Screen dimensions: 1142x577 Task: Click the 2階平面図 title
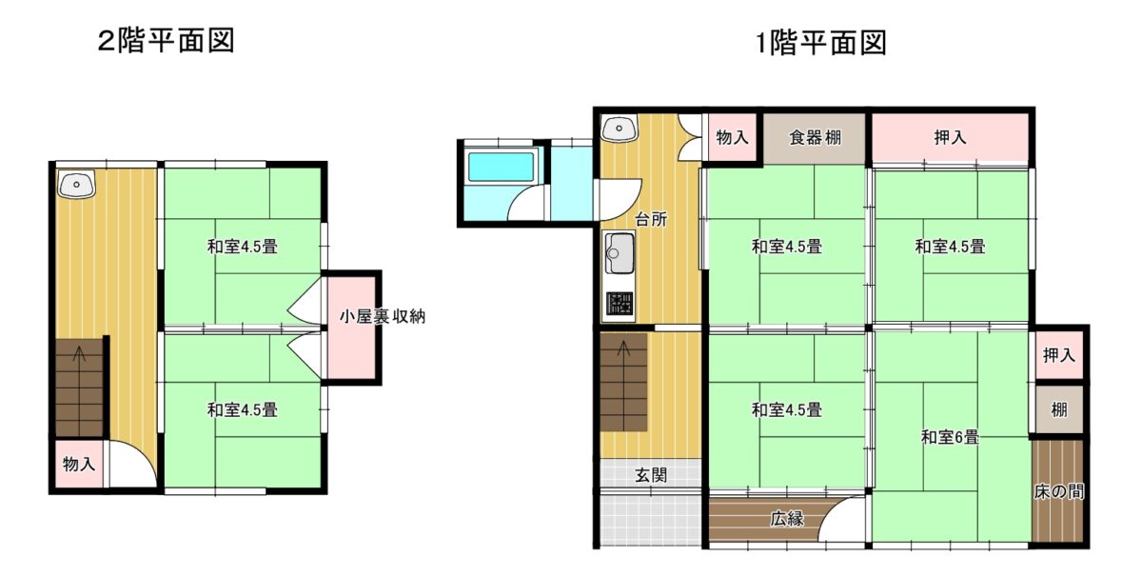[167, 41]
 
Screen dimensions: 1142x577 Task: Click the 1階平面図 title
[820, 42]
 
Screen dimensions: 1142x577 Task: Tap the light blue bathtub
[501, 166]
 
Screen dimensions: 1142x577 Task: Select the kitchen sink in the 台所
[620, 253]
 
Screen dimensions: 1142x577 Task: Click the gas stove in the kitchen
[620, 304]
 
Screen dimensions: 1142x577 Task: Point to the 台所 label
[651, 219]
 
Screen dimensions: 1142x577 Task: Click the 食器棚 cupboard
[815, 138]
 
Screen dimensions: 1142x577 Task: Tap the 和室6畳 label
[950, 437]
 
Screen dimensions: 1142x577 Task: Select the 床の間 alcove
[1058, 490]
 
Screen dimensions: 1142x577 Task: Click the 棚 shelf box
[1059, 409]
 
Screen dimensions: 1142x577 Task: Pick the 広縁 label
[787, 519]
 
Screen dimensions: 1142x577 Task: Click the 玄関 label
[651, 475]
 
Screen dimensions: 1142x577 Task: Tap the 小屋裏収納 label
[383, 317]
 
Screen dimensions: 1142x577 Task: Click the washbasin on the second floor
[76, 184]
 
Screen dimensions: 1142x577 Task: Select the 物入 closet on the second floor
[79, 464]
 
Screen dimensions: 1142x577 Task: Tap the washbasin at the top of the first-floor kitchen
[619, 128]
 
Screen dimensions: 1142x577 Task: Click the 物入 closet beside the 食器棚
[732, 137]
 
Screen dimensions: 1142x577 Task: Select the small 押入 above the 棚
[1059, 355]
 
